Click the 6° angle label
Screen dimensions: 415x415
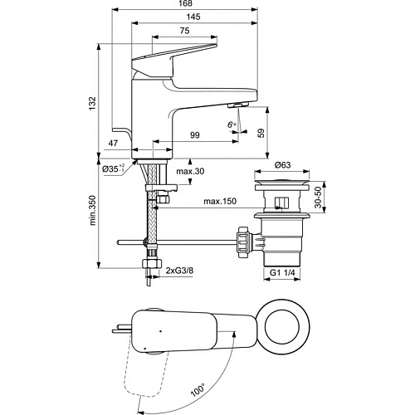coord(232,125)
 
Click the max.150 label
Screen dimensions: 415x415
coord(219,202)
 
